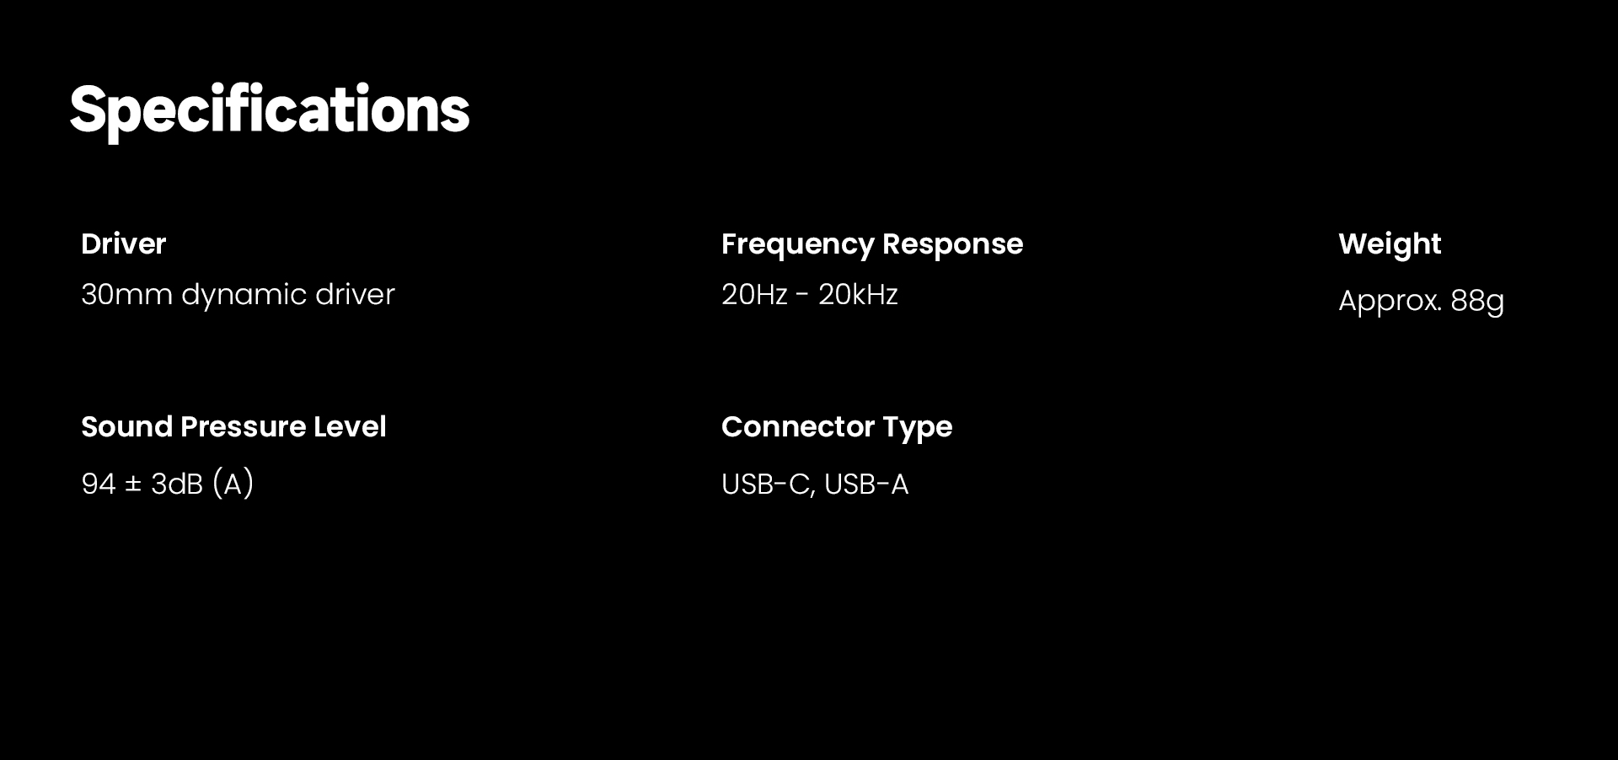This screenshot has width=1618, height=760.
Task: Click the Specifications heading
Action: [269, 110]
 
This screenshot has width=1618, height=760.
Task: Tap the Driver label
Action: [124, 244]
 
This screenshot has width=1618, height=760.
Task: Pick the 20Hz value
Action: [754, 295]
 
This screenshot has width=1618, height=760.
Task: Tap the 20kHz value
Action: [858, 295]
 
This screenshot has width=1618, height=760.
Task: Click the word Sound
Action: [127, 427]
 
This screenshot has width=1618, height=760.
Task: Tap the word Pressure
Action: [244, 427]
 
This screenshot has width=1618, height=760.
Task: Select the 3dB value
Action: [177, 484]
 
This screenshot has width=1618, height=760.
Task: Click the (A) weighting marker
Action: [233, 484]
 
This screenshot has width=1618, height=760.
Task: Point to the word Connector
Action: [798, 427]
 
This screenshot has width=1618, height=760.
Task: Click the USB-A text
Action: [866, 484]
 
